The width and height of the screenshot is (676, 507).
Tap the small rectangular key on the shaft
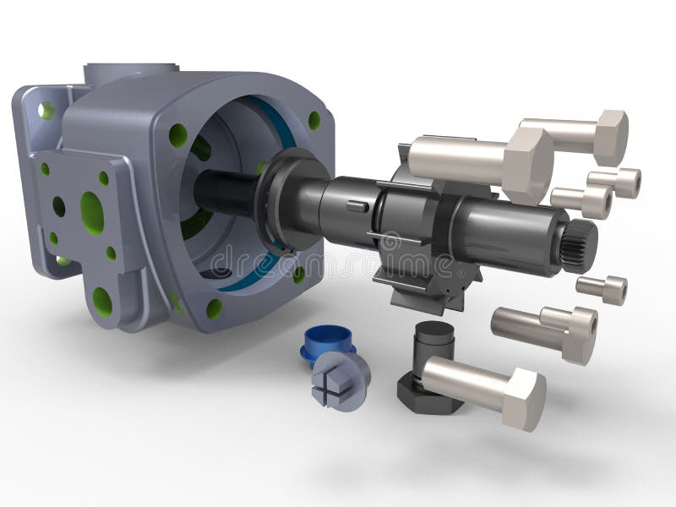[357, 206]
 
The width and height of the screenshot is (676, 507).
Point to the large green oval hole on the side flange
[92, 213]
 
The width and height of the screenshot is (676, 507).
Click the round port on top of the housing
[131, 71]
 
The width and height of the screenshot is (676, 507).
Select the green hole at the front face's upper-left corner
[178, 134]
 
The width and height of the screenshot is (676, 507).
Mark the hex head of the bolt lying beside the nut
[524, 399]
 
